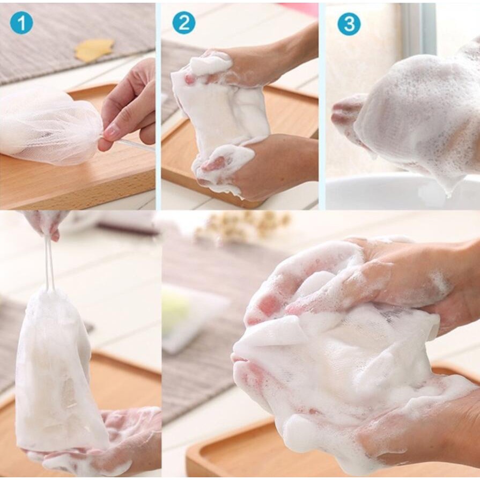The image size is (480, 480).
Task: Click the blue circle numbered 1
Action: click(21, 23)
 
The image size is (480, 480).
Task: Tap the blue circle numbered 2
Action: click(183, 23)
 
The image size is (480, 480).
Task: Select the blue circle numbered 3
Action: click(349, 24)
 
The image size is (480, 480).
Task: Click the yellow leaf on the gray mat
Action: click(94, 49)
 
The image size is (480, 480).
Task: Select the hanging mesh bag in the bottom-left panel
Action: click(54, 370)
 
